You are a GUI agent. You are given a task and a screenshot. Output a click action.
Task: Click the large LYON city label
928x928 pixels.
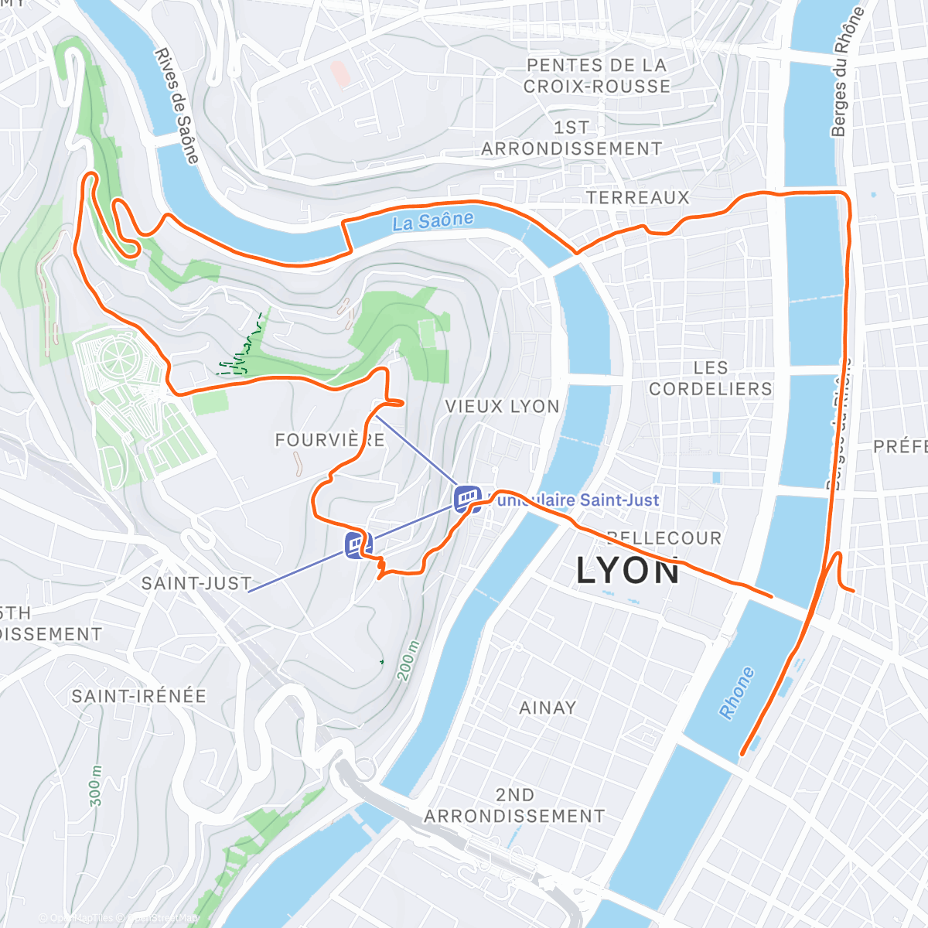[x=628, y=571]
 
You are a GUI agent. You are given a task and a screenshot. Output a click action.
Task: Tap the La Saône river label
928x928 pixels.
[x=432, y=221]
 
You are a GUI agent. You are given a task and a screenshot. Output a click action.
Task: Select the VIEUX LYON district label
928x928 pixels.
[x=502, y=407]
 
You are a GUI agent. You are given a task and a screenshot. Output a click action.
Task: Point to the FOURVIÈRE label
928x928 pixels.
[x=330, y=440]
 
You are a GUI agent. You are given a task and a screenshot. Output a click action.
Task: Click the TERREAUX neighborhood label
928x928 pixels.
[x=637, y=198]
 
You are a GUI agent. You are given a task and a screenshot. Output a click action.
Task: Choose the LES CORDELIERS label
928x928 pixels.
[x=710, y=379]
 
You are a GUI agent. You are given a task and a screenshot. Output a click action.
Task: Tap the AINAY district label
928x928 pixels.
[x=548, y=708]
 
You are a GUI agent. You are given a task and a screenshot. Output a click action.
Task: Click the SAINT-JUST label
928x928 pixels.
[x=196, y=583]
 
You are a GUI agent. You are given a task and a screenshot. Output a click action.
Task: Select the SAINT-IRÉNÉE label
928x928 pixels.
[x=139, y=696]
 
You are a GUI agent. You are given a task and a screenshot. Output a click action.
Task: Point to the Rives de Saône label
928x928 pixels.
[x=176, y=105]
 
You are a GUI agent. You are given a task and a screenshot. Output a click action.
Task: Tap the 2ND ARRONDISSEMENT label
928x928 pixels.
[x=514, y=806]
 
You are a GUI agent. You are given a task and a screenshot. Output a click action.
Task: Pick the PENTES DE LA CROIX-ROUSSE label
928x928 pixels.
[x=596, y=76]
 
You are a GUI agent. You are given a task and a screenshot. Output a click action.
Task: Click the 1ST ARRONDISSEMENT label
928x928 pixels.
[x=571, y=138]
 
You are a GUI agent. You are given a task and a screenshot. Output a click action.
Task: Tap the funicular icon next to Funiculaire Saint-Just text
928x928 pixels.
[x=467, y=499]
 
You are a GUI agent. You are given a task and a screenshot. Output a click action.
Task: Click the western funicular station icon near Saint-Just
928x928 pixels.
[x=357, y=544]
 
